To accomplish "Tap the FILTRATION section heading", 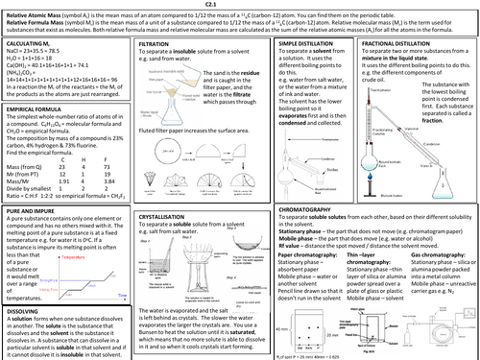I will click(x=157, y=44).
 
